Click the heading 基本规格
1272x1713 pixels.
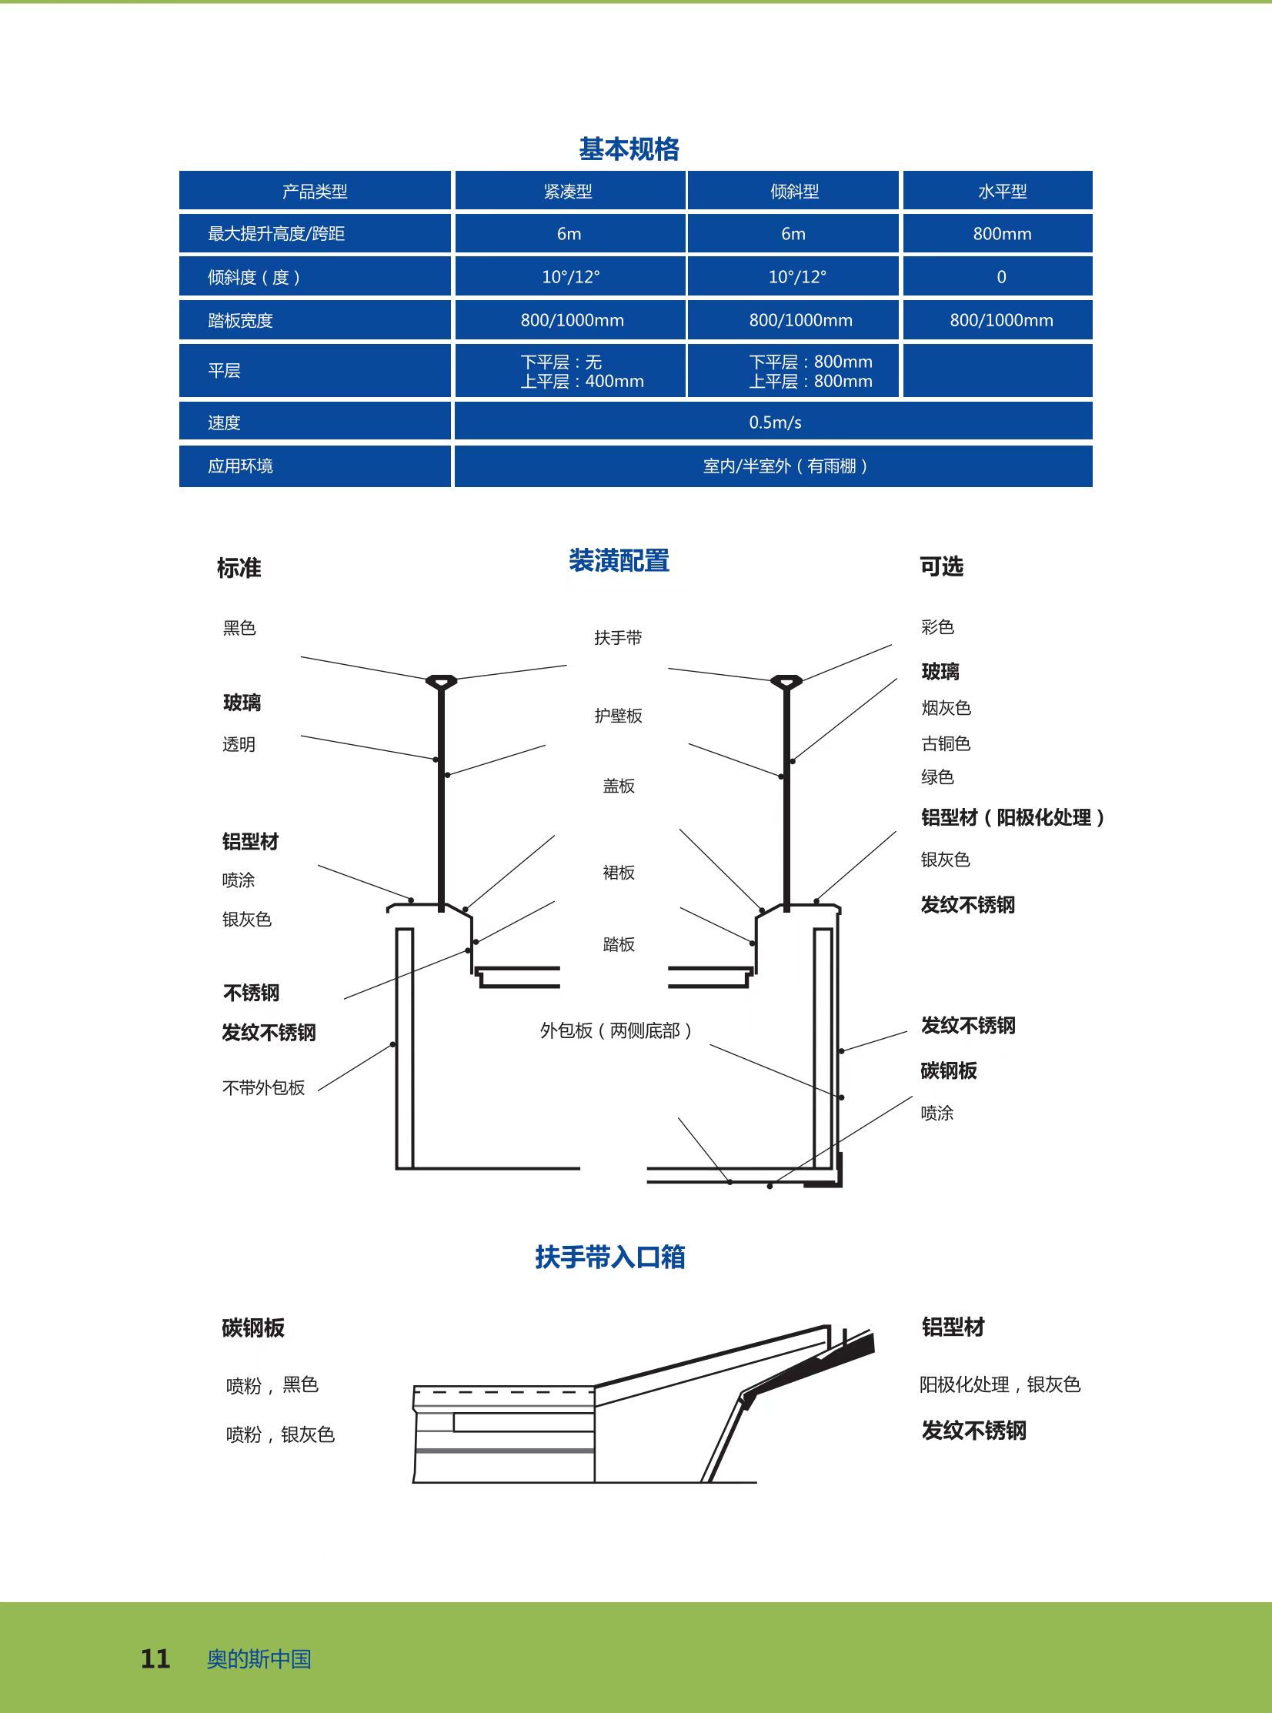click(628, 149)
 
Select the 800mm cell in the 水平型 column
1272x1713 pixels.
click(1002, 233)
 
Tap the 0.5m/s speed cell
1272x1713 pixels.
click(775, 422)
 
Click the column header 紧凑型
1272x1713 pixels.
click(568, 191)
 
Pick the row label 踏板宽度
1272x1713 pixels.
click(240, 320)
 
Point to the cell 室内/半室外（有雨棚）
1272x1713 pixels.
click(786, 466)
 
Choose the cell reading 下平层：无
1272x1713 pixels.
click(561, 362)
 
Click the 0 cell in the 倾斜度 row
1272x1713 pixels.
click(1001, 276)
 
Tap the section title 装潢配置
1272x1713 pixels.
click(619, 560)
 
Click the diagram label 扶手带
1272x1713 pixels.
click(617, 637)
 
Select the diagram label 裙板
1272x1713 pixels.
click(618, 873)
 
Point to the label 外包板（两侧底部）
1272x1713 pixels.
click(616, 1030)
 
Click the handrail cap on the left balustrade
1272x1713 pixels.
click(441, 680)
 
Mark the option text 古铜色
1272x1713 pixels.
click(946, 743)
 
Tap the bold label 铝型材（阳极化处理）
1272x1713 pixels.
click(1013, 816)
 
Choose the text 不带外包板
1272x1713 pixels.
click(263, 1087)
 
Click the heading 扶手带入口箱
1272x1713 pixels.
click(609, 1257)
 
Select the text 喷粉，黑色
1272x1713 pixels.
click(272, 1385)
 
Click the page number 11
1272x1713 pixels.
click(155, 1658)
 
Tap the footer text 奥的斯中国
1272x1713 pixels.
click(259, 1658)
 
